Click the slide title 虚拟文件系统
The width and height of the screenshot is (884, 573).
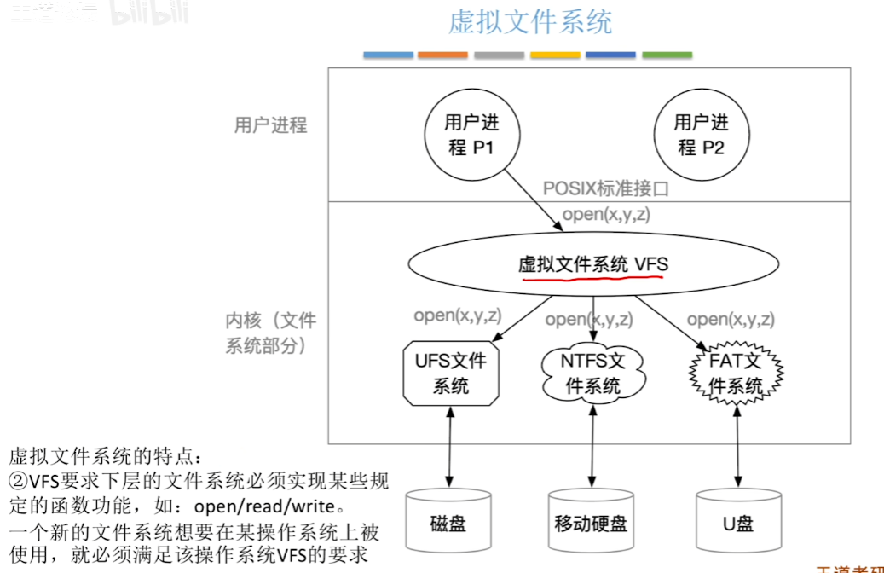coord(530,22)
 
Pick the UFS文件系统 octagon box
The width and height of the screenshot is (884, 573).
coord(450,373)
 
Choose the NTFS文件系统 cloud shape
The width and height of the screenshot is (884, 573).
coord(592,373)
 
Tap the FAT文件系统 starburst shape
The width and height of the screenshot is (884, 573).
coord(737,373)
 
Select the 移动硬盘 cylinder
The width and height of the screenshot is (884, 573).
coord(590,522)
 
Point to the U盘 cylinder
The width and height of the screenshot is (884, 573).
coord(738,522)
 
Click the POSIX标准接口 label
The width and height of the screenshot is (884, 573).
coord(606,188)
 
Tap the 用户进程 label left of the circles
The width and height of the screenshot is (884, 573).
coord(270,125)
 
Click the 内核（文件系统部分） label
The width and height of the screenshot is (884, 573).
coord(270,333)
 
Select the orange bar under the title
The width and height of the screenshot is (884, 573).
coord(442,55)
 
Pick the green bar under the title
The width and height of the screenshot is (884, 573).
coord(667,55)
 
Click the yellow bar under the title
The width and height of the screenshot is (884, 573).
coord(555,55)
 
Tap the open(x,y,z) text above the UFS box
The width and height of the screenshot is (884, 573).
coord(458,315)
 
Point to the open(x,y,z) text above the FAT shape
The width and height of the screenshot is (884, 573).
coord(731,320)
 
